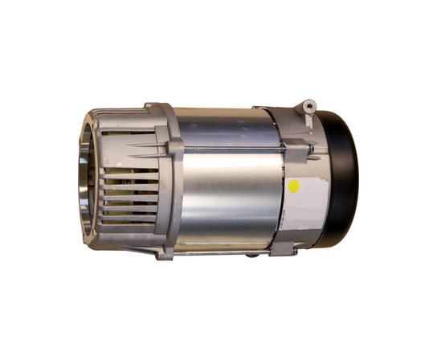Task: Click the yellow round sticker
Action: point(293,186)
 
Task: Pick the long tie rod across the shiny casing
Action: point(233,148)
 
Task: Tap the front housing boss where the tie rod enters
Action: point(175,147)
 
